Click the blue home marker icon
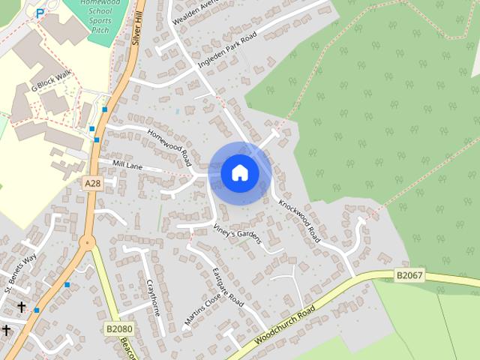pyautogui.click(x=239, y=173)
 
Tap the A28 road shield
pyautogui.click(x=91, y=183)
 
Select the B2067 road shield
pyautogui.click(x=409, y=276)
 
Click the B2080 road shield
pyautogui.click(x=118, y=328)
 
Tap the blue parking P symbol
pyautogui.click(x=40, y=13)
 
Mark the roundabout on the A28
pyautogui.click(x=87, y=241)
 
